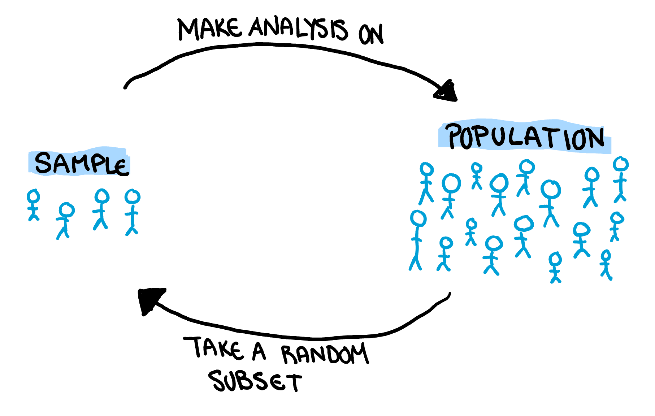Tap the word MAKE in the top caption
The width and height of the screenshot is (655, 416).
[209, 29]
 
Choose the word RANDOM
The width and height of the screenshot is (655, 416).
[325, 354]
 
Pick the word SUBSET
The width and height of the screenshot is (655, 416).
[255, 381]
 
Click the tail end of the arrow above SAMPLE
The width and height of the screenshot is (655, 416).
[125, 87]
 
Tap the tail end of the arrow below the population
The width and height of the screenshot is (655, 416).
[450, 294]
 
